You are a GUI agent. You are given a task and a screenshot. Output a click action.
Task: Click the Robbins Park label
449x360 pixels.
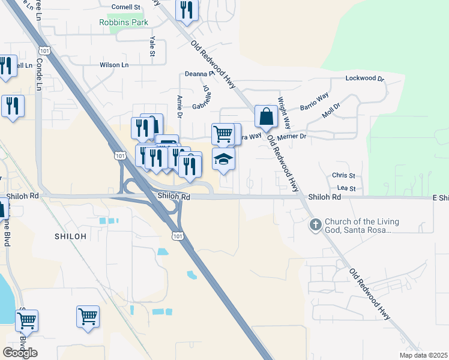coord(124,22)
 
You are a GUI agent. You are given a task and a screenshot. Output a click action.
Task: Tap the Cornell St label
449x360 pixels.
coord(125,7)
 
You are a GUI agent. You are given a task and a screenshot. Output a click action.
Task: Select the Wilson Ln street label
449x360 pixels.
coord(114,65)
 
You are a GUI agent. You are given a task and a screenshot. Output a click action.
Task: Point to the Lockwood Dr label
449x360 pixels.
coord(364,79)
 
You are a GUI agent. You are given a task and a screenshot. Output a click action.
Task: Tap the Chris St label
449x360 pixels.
coord(344,175)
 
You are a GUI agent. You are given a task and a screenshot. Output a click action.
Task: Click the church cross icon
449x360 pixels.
coord(315,226)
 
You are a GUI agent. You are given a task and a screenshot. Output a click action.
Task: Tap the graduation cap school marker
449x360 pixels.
coord(223,159)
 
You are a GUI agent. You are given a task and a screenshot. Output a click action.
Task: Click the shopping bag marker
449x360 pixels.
coord(266,116)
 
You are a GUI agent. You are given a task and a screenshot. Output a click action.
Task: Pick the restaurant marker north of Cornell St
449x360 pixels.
coord(187,10)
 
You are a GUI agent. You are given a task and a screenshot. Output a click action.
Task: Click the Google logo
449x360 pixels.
coord(20,352)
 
